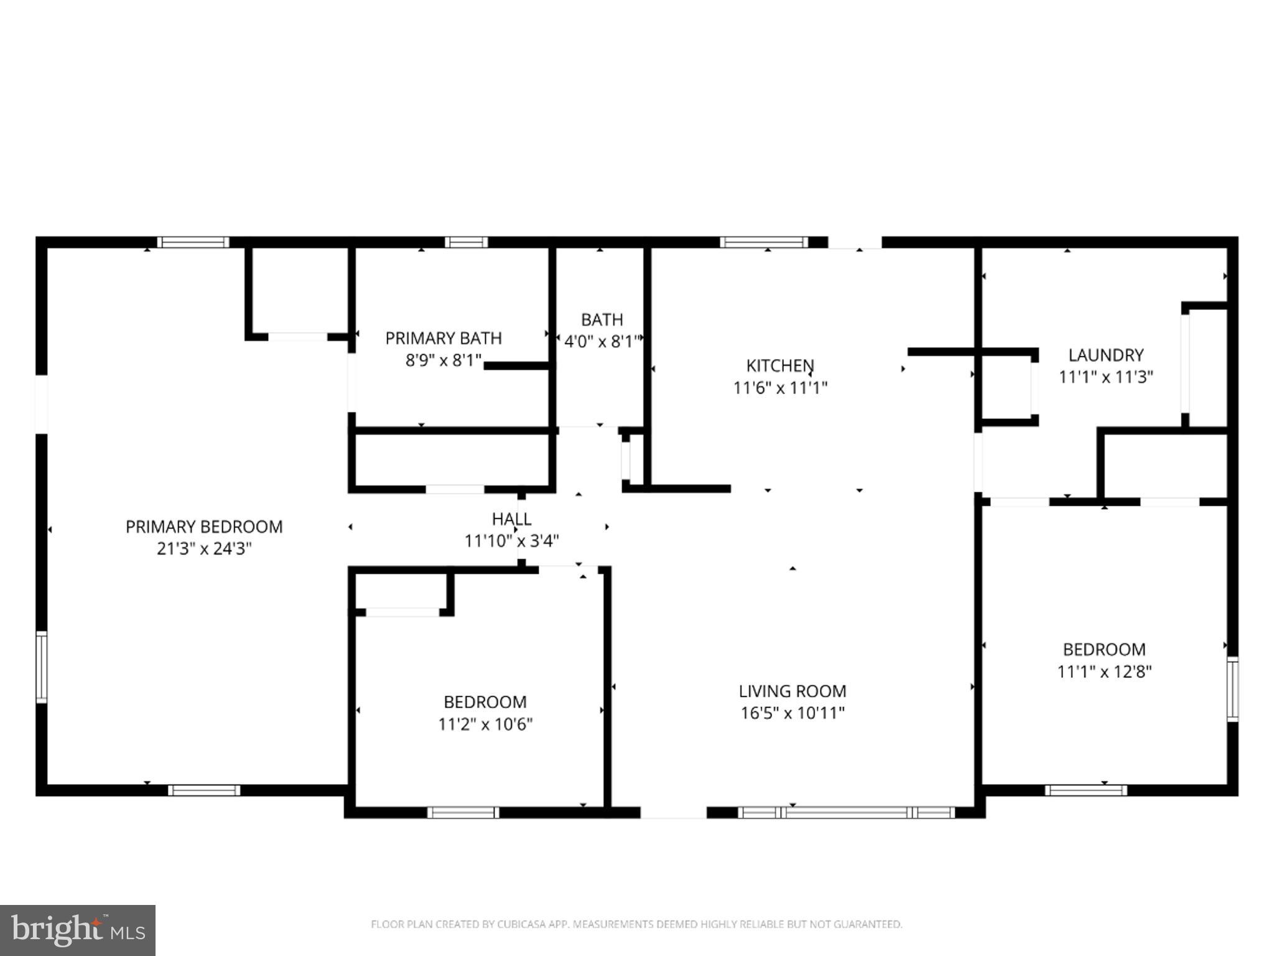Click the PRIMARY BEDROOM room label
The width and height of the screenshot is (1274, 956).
click(204, 527)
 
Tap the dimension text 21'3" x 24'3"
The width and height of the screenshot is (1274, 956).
click(204, 549)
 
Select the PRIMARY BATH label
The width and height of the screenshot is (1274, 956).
click(444, 338)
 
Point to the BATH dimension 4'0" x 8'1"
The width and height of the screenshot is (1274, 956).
click(602, 342)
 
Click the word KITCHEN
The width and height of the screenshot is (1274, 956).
click(780, 365)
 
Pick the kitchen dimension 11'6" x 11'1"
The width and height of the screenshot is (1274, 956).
click(780, 388)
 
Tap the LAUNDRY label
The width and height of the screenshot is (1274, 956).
click(1106, 355)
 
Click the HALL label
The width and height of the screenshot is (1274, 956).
click(511, 518)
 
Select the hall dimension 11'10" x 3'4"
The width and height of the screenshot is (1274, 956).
click(511, 541)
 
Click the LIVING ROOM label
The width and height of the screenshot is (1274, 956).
click(792, 691)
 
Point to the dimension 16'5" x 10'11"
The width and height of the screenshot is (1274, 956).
click(792, 713)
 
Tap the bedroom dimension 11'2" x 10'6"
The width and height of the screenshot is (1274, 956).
click(485, 724)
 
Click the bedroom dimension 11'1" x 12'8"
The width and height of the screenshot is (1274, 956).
click(1104, 672)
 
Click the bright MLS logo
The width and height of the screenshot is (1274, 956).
click(78, 930)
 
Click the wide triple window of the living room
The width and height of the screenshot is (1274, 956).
click(846, 812)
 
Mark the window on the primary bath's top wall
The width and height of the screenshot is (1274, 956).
click(466, 242)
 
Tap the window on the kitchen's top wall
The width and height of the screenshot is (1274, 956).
click(764, 242)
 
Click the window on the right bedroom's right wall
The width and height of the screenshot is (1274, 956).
click(1232, 689)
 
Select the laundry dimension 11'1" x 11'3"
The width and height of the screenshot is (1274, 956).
click(1106, 377)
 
